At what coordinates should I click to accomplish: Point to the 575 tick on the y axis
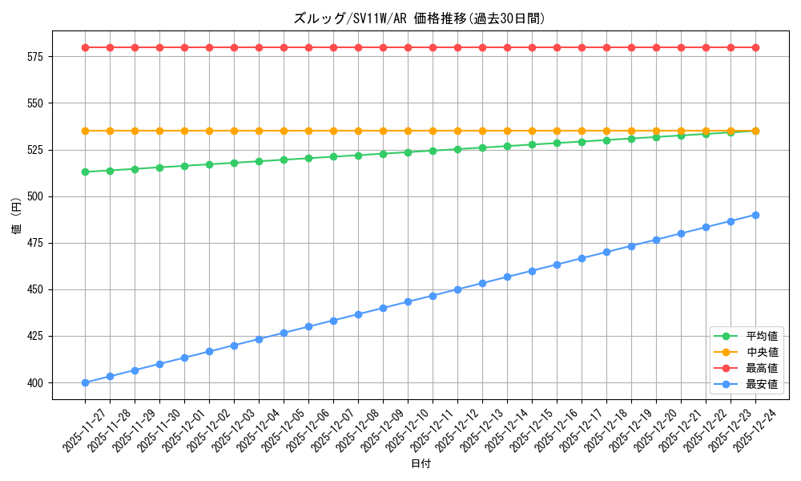point(37,57)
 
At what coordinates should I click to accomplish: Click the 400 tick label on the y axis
point(37,382)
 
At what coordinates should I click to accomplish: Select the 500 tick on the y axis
point(37,196)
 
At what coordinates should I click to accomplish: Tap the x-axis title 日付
point(421,464)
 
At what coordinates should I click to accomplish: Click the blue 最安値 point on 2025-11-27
point(85,382)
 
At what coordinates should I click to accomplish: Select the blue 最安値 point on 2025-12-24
point(755,215)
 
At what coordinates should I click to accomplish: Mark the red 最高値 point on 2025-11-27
point(85,47)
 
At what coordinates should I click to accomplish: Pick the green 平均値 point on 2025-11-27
point(85,172)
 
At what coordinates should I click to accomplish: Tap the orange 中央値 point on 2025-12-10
point(408,131)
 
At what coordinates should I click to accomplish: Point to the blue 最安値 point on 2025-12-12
point(457,289)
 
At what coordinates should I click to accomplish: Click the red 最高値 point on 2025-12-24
point(755,47)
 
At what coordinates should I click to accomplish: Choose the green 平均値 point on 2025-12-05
point(284,160)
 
